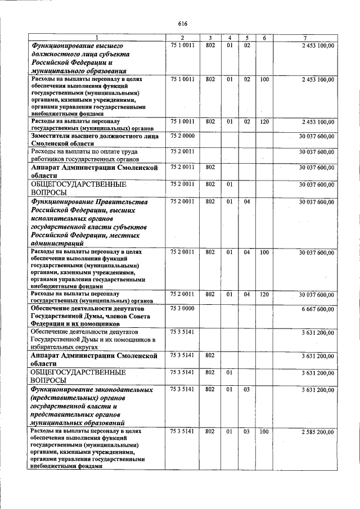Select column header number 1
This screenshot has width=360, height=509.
96,37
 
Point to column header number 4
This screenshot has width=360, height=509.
229,37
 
